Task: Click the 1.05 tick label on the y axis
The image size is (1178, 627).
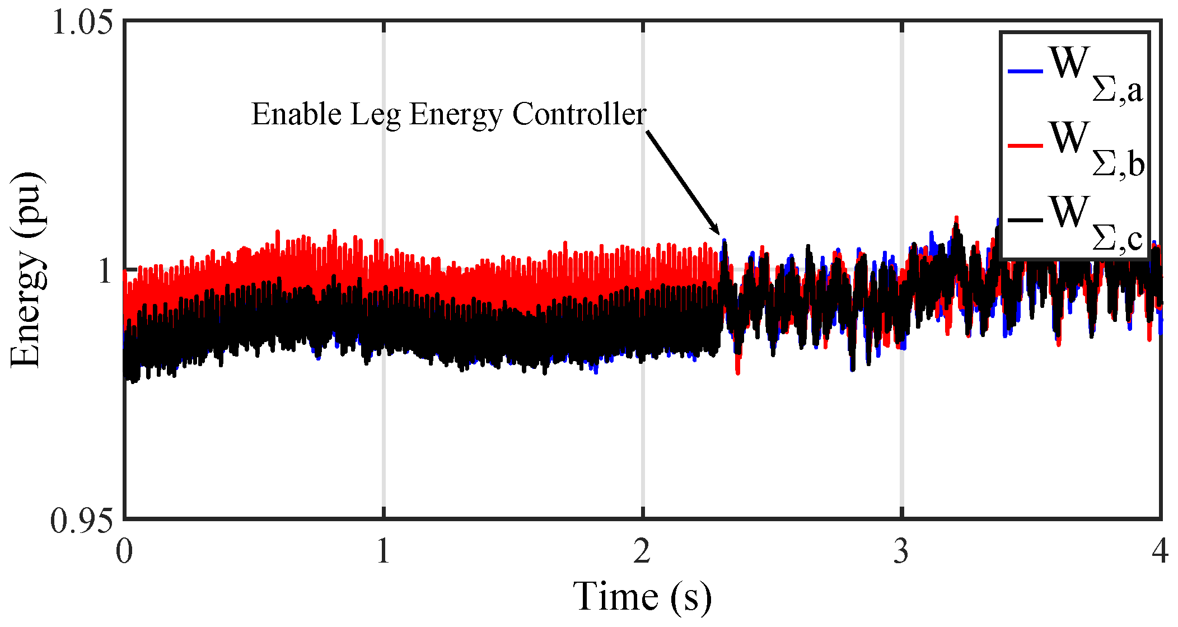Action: coord(82,24)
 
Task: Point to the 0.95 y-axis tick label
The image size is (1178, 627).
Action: coord(82,521)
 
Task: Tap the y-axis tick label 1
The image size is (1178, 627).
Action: coord(105,272)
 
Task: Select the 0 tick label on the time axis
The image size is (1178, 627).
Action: coord(124,551)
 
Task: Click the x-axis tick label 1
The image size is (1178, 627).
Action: coord(384,551)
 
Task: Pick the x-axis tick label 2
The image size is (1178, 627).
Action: coord(642,551)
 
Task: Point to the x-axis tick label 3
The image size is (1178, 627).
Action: coord(901,551)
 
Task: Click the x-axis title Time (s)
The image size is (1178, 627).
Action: coord(642,597)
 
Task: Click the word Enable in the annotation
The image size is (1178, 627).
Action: coord(296,114)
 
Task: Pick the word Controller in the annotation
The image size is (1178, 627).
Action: coord(579,114)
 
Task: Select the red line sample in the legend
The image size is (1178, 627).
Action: coord(1025,146)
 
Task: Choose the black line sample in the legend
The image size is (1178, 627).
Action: coord(1025,220)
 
